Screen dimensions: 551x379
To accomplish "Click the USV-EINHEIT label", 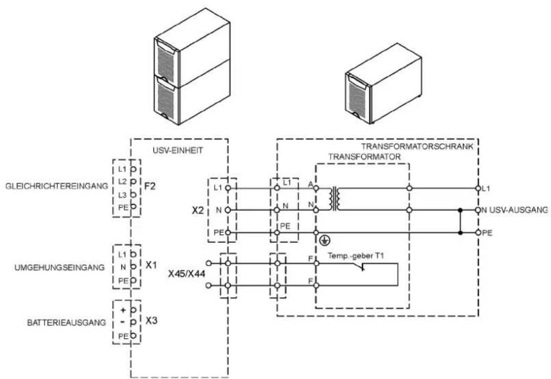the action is (x=178, y=151).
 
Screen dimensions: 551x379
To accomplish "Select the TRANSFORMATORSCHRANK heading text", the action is (x=417, y=146).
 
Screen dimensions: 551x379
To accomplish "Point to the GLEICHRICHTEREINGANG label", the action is (x=57, y=186).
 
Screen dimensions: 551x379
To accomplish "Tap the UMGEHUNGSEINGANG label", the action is (x=59, y=267).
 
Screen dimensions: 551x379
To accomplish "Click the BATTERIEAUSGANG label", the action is (x=67, y=322).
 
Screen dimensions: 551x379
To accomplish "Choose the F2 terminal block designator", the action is (x=150, y=186).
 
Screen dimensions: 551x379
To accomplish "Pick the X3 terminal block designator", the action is (x=152, y=321).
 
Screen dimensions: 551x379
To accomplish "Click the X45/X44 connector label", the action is (x=186, y=274).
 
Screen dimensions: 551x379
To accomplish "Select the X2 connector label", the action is (x=198, y=210).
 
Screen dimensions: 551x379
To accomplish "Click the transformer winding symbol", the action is (x=334, y=199).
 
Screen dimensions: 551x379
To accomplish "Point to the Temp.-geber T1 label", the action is (x=355, y=256).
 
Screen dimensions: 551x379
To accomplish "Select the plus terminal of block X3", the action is (x=133, y=310).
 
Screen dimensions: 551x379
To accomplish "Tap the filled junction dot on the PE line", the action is (x=460, y=233).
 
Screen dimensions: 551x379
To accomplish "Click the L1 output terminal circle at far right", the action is (x=478, y=188).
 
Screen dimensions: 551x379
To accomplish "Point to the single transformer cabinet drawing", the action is (x=384, y=83).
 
